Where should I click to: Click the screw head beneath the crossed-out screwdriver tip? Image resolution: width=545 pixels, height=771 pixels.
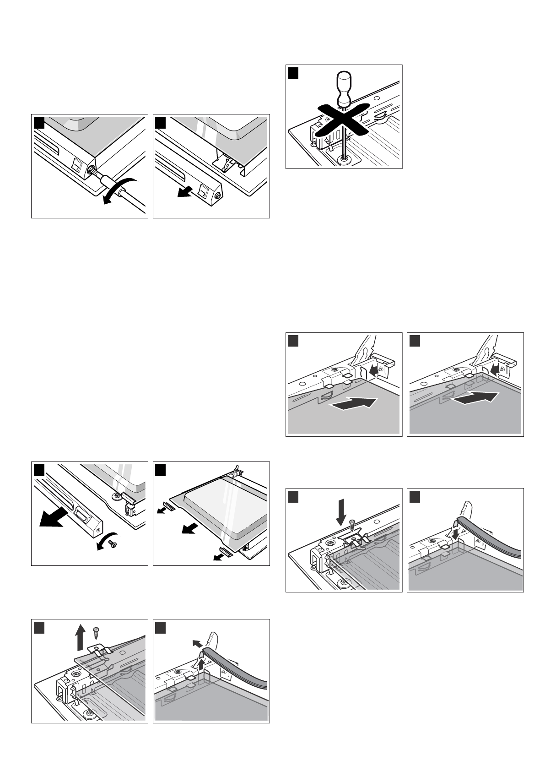(x=343, y=158)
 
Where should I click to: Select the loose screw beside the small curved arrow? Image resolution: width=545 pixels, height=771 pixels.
(x=113, y=543)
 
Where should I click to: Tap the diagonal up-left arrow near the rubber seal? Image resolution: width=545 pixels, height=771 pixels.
(x=196, y=642)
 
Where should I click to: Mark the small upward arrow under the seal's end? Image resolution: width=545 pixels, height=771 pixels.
(x=201, y=663)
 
